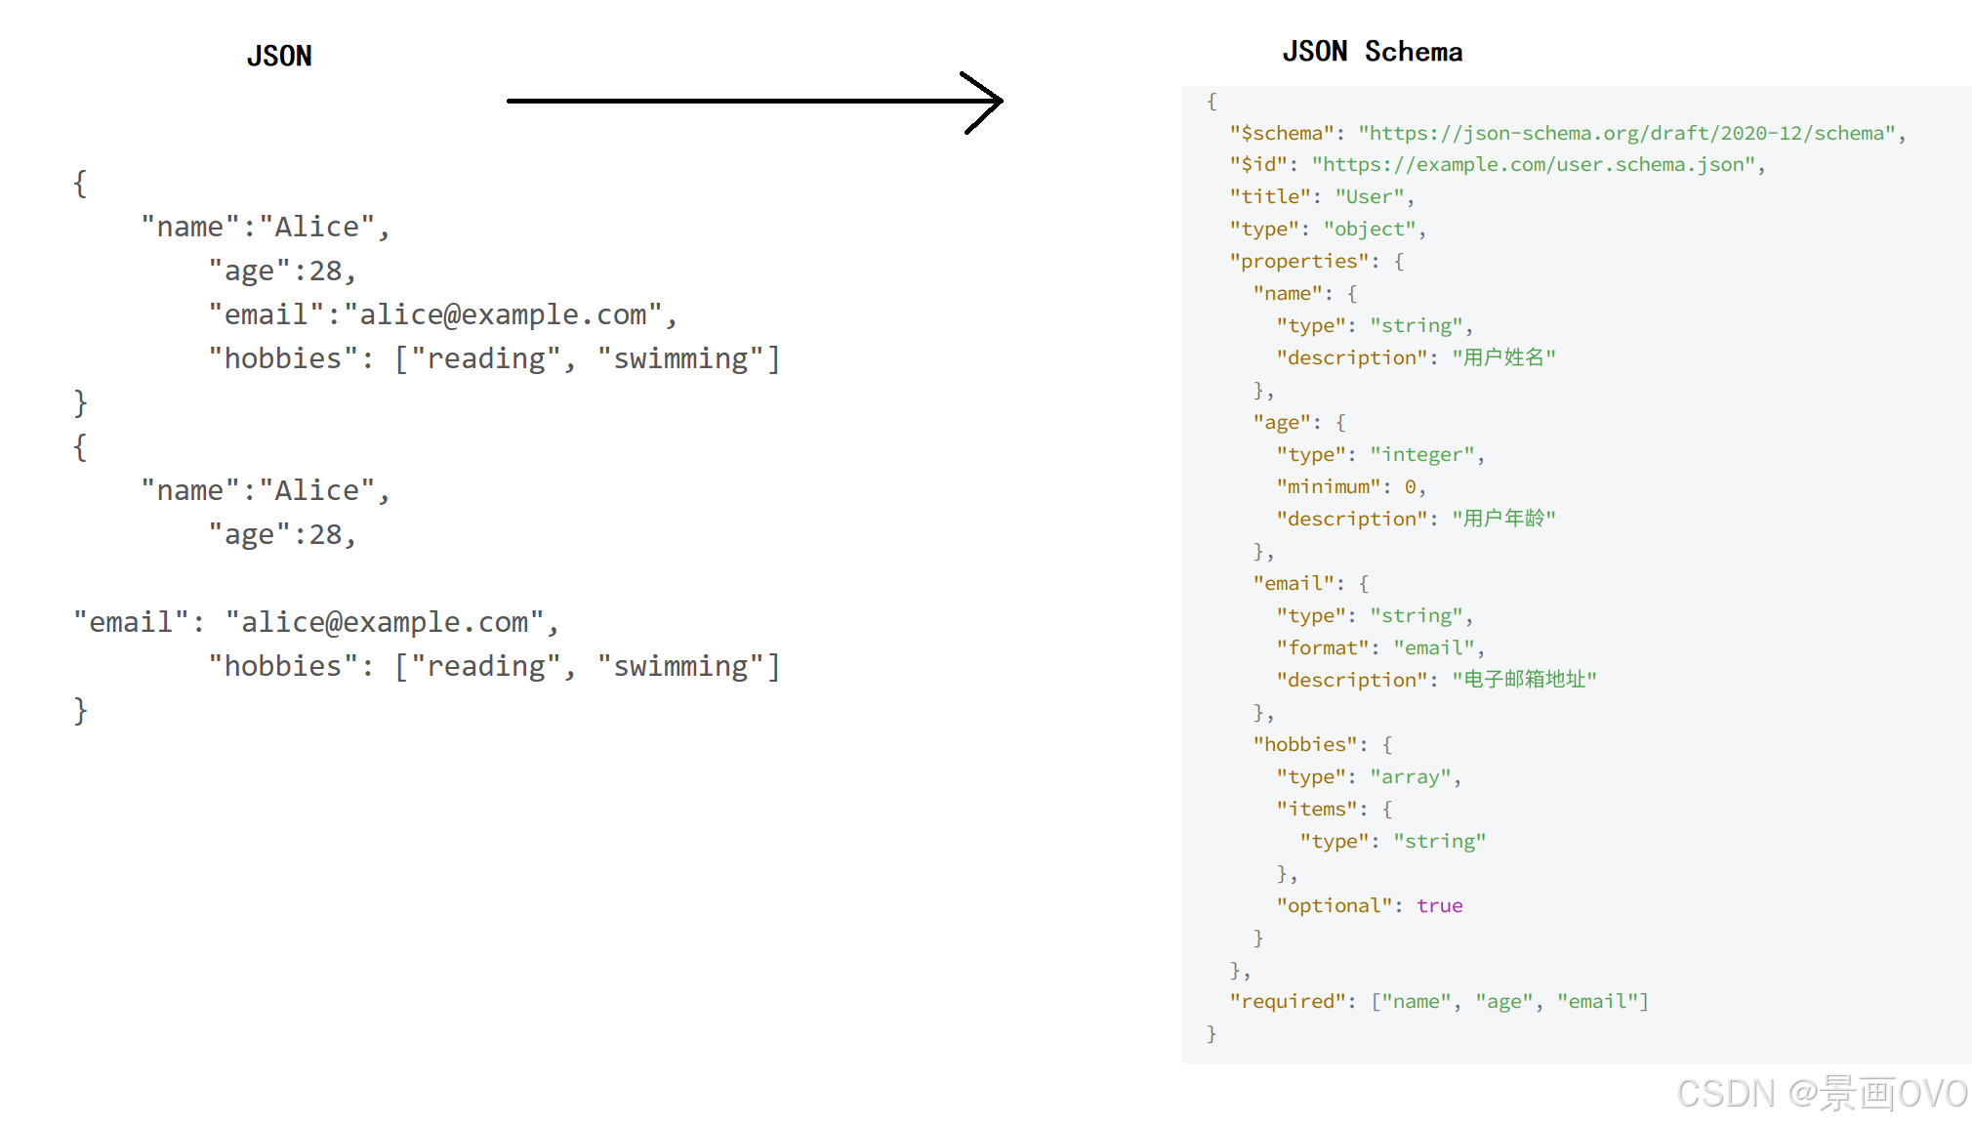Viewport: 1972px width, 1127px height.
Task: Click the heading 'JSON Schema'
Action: click(x=1372, y=52)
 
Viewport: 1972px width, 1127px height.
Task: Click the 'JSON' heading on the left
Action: click(x=279, y=57)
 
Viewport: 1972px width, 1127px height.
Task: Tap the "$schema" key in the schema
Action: click(x=1282, y=133)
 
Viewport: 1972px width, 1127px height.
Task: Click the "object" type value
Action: click(x=1370, y=230)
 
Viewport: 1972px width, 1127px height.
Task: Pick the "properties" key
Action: click(x=1299, y=262)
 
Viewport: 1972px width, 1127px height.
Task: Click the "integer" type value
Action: click(x=1421, y=455)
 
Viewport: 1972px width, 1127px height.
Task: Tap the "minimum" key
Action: click(x=1329, y=487)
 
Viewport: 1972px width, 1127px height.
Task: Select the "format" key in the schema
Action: click(x=1323, y=648)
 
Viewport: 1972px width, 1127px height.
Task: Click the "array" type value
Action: click(x=1410, y=777)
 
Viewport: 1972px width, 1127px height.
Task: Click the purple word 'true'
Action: click(x=1439, y=906)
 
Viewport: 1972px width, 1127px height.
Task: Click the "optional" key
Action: click(x=1335, y=906)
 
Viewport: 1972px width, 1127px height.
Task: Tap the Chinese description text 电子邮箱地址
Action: click(x=1524, y=680)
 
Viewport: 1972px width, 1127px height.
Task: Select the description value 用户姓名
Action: click(x=1503, y=357)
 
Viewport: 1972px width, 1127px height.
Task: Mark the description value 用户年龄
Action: click(x=1503, y=519)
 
